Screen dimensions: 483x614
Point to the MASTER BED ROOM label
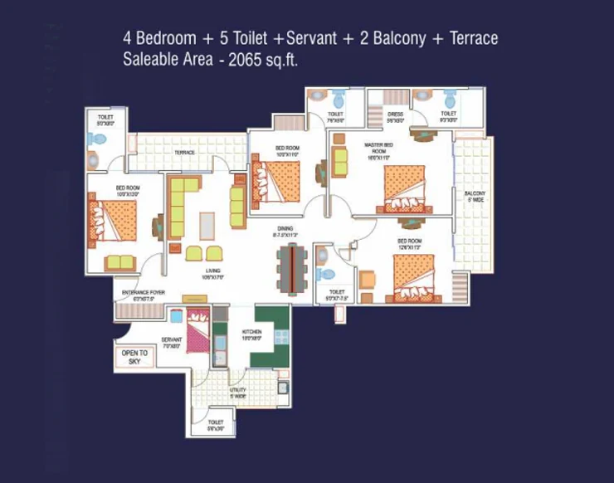pyautogui.click(x=378, y=148)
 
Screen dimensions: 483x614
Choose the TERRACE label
pyautogui.click(x=184, y=153)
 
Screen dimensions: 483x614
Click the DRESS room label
pyautogui.click(x=395, y=115)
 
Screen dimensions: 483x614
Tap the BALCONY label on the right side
pyautogui.click(x=475, y=197)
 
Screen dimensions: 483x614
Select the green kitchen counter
pyautogui.click(x=270, y=334)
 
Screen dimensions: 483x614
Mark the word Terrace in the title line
pyautogui.click(x=470, y=38)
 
